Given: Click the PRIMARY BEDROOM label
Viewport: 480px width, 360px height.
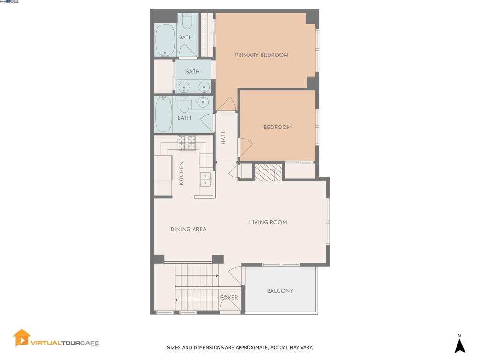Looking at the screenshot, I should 262,55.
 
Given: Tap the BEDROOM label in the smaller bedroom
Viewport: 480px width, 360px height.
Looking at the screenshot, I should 277,127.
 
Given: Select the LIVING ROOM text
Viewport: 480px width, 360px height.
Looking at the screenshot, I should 268,222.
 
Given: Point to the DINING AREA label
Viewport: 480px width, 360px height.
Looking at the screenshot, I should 188,229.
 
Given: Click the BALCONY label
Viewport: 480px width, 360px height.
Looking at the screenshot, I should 280,291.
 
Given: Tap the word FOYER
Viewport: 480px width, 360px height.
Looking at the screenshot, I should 229,298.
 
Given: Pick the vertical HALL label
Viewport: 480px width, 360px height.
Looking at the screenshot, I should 224,137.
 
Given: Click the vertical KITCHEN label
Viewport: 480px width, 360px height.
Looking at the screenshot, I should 181,173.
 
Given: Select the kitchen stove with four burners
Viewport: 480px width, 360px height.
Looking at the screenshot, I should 187,143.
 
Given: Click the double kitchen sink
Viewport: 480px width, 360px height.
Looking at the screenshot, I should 205,179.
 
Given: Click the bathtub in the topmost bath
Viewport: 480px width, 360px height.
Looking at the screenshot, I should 165,40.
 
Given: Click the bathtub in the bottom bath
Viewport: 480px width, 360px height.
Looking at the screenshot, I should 164,114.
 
